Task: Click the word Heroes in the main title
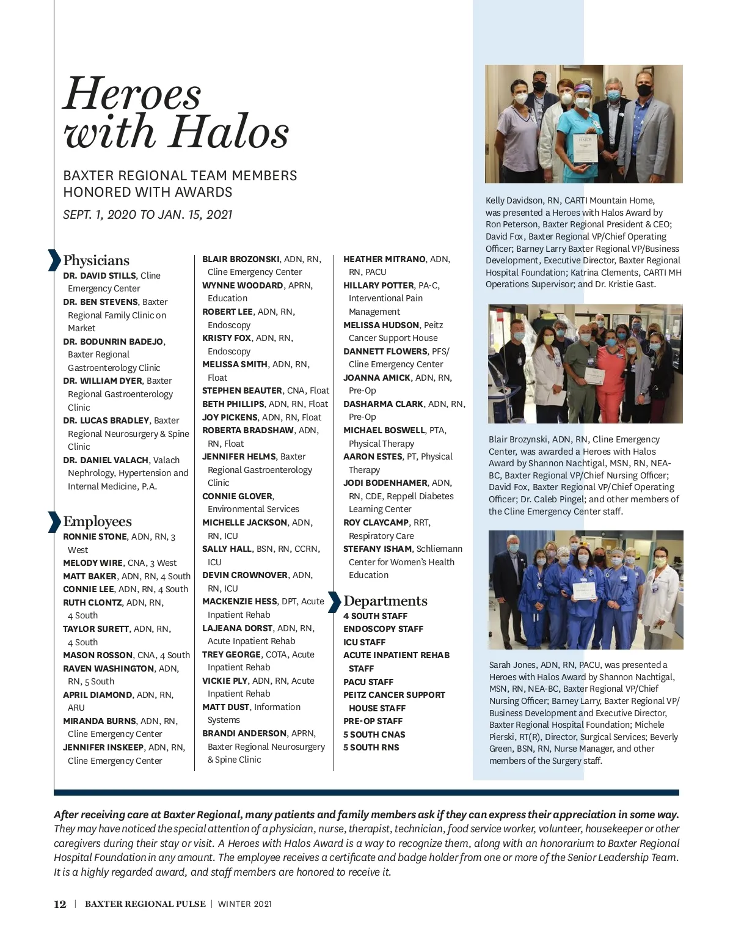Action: coord(132,95)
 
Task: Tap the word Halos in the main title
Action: coord(228,132)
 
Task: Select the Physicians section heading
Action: coord(96,260)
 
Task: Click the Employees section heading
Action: coord(97,521)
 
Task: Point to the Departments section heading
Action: coord(385,601)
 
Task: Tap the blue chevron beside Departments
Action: coord(334,601)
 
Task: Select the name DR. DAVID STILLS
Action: coord(100,276)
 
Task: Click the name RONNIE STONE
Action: coord(95,537)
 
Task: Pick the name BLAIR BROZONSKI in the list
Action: coord(241,259)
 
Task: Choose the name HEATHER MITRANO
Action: coord(384,259)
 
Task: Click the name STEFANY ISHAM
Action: coord(377,549)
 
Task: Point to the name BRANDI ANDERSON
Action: coord(244,733)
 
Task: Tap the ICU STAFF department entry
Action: coord(364,642)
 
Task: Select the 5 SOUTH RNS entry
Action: coord(371,747)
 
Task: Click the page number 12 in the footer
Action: coord(60,904)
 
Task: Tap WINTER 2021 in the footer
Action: coord(244,904)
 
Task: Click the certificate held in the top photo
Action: coord(585,147)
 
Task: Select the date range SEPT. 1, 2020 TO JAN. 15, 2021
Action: coord(148,214)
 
